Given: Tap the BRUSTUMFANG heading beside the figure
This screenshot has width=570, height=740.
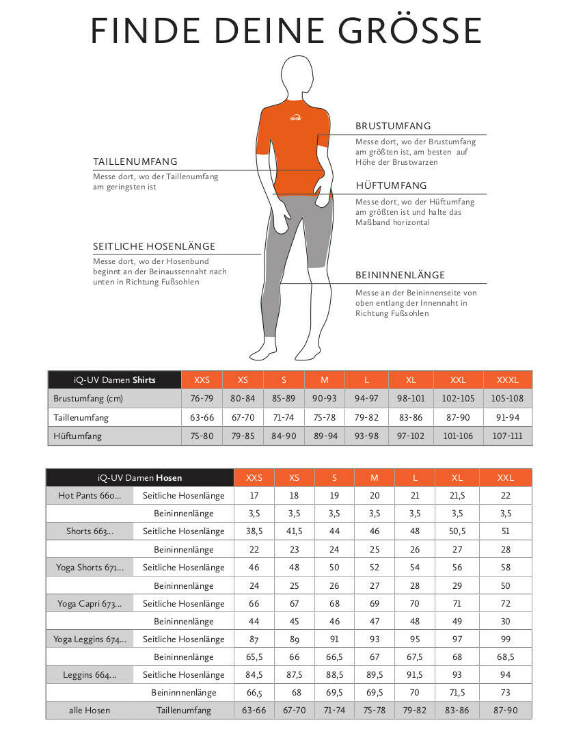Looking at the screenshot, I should (x=393, y=126).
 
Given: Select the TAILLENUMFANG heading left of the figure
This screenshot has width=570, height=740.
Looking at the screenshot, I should (x=135, y=161).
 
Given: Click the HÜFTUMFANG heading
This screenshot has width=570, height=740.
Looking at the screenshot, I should (x=391, y=185).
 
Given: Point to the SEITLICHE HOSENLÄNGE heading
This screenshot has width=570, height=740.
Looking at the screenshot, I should (x=154, y=246).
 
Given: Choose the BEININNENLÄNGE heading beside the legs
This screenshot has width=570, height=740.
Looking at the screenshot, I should (x=400, y=275).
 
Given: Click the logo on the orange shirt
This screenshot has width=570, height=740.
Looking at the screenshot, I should (x=295, y=118).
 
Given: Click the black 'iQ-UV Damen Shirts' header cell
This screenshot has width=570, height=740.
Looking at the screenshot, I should (x=114, y=380).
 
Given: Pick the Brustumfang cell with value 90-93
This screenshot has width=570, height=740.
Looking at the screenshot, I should (x=325, y=399).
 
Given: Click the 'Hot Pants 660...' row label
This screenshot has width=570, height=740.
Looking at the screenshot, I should (x=90, y=496).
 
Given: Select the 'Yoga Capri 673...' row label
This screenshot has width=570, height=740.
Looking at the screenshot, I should (x=90, y=604).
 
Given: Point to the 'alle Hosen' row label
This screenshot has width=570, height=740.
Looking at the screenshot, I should (x=90, y=711).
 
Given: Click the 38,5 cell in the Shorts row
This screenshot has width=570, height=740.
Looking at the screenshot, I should (x=254, y=531).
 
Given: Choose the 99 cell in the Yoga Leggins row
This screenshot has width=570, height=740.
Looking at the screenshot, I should (x=505, y=639).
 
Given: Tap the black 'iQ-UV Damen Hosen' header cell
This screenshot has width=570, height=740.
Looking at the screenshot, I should (x=139, y=478).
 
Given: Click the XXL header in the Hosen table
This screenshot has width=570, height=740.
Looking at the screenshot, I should (x=505, y=478).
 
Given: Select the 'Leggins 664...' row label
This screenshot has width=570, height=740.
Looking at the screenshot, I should (x=90, y=675).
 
